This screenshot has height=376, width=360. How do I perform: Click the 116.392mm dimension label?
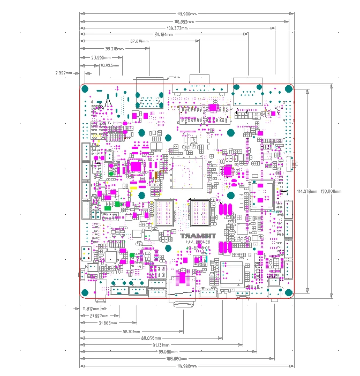[x=185, y=21]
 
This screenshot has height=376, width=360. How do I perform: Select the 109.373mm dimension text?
[x=178, y=28]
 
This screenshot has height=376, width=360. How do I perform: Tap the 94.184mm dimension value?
[x=164, y=34]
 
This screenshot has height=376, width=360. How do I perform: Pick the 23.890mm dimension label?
[x=101, y=57]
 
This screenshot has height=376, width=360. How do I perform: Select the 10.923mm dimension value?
[x=109, y=65]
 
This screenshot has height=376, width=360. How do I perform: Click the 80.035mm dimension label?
[x=151, y=338]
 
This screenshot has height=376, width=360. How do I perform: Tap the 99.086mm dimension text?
[x=168, y=351]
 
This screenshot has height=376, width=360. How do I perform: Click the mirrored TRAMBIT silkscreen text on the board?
[x=198, y=236]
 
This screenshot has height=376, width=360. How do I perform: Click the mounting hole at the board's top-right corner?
[x=288, y=89]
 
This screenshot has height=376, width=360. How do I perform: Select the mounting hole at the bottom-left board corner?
[x=86, y=292]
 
